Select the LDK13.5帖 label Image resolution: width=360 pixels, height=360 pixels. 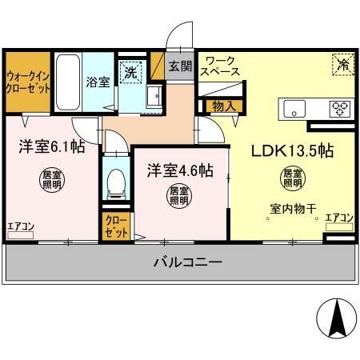pyautogui.click(x=293, y=151)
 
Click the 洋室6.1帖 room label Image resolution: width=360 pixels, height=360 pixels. pyautogui.click(x=48, y=146)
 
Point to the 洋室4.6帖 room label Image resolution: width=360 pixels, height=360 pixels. pyautogui.click(x=179, y=170)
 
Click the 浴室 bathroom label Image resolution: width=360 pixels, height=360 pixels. pyautogui.click(x=98, y=81)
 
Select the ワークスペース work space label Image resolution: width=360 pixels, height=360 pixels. pyautogui.click(x=219, y=66)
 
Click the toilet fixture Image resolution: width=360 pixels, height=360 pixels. pyautogui.click(x=117, y=183)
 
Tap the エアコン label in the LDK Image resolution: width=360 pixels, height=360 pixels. pyautogui.click(x=339, y=218)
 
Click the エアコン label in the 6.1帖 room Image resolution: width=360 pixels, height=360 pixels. pyautogui.click(x=21, y=226)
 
